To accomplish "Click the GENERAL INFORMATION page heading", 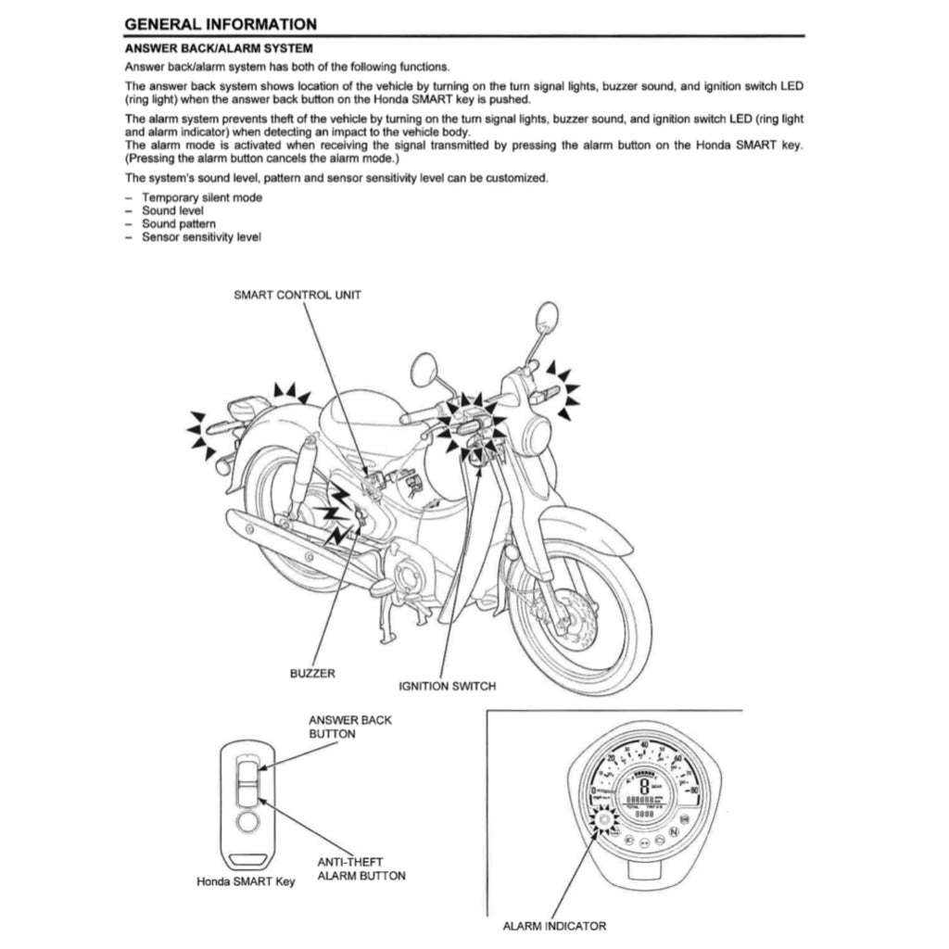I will pyautogui.click(x=221, y=24).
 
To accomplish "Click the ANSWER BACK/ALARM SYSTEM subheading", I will pyautogui.click(x=218, y=47).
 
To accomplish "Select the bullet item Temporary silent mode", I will pyautogui.click(x=201, y=197).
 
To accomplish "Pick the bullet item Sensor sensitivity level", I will pyautogui.click(x=201, y=237).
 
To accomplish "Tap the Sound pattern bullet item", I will pyautogui.click(x=178, y=224).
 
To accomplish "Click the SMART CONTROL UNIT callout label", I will pyautogui.click(x=297, y=295).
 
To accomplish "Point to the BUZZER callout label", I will pyautogui.click(x=312, y=673).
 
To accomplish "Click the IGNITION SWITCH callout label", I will pyautogui.click(x=447, y=687).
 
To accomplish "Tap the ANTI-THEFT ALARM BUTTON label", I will pyautogui.click(x=361, y=868).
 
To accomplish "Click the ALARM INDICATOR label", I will pyautogui.click(x=554, y=925).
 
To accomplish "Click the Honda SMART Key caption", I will pyautogui.click(x=246, y=881).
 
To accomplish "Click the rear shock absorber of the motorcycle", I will pyautogui.click(x=300, y=477).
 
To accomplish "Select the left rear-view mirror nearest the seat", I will pyautogui.click(x=425, y=370).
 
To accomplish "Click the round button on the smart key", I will pyautogui.click(x=246, y=822).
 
